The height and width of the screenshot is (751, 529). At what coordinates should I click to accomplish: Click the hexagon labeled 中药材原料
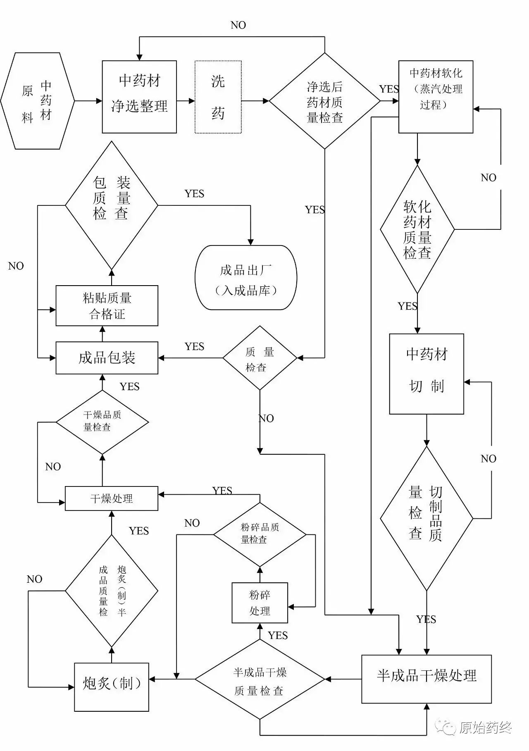tap(37, 101)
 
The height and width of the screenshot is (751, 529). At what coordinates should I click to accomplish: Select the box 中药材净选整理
tap(139, 97)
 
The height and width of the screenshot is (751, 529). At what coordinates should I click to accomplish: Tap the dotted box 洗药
tap(218, 97)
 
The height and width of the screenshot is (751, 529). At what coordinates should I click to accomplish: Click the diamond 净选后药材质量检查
tap(324, 101)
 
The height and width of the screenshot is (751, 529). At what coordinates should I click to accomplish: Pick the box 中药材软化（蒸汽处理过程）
tap(436, 97)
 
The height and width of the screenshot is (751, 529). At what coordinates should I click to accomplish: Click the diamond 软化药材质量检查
tap(417, 229)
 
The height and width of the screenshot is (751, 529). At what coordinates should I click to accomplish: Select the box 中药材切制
tap(426, 374)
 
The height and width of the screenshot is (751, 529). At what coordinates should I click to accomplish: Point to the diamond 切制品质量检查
tap(426, 518)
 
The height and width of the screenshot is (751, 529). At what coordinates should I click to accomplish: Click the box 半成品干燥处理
tap(426, 679)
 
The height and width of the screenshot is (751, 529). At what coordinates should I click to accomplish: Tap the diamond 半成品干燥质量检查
tap(260, 679)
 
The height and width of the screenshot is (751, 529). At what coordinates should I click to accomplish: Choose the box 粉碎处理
tap(260, 603)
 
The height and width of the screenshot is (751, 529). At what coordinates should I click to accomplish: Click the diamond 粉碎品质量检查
tap(260, 534)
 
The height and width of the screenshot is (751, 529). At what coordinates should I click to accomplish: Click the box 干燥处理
tap(111, 498)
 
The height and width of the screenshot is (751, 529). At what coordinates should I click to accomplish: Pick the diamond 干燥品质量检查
tap(102, 422)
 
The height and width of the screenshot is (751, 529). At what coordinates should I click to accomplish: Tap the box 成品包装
tap(107, 358)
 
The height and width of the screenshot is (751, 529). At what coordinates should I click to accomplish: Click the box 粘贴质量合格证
tap(107, 305)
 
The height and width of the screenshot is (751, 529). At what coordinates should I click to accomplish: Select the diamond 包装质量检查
tap(111, 205)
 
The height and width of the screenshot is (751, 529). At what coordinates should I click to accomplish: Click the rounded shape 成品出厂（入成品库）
tap(246, 277)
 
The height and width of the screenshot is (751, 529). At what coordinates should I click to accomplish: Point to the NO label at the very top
tap(238, 25)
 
